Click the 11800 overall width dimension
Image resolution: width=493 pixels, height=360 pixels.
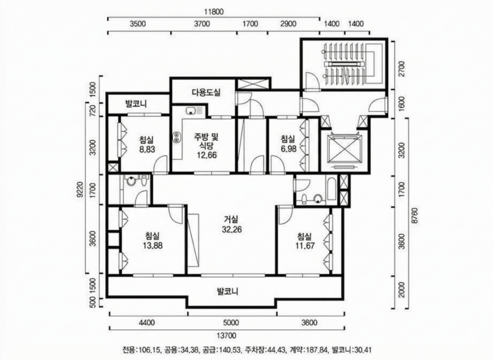coord(214,12)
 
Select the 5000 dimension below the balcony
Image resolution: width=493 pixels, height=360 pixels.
coord(231,323)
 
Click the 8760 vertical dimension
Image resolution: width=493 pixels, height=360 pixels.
coord(415,216)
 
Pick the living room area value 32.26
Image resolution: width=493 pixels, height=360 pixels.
coord(232,229)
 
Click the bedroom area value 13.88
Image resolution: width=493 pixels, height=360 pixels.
coord(153,245)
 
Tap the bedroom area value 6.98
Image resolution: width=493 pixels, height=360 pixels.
coord(289,149)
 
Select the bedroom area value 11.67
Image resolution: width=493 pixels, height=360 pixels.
coord(305,245)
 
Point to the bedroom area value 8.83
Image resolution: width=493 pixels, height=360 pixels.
coord(147,149)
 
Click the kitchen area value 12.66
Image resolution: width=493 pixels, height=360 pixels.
coord(207,155)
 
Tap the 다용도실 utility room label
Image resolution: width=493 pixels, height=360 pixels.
coord(206,92)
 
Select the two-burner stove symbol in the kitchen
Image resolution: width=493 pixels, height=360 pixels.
coord(176,137)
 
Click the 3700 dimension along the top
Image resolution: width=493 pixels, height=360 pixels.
coord(202,24)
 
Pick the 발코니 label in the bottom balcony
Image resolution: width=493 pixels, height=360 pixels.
coord(228,292)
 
